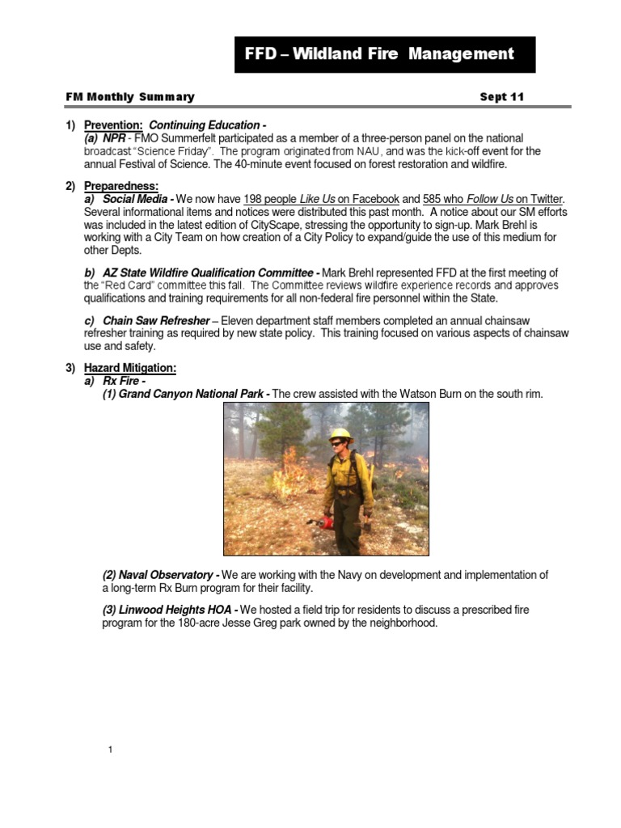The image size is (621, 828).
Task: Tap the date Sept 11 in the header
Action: click(x=501, y=97)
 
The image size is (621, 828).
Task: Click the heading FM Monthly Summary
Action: click(x=130, y=97)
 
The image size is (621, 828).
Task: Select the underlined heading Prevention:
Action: click(x=114, y=125)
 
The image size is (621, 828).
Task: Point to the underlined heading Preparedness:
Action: click(x=121, y=186)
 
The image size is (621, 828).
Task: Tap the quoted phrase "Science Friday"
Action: click(x=177, y=151)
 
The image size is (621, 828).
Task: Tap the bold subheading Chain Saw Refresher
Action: click(x=156, y=321)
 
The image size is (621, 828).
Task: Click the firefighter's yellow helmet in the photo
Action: click(x=341, y=434)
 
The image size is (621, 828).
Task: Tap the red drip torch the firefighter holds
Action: click(x=327, y=522)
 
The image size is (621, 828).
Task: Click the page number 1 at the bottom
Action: click(x=110, y=750)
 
